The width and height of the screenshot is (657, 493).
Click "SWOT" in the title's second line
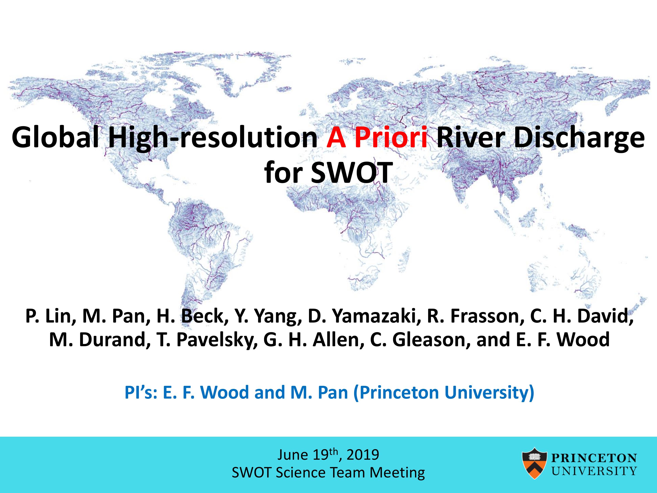350,173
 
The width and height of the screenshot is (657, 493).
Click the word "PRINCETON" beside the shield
594,458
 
